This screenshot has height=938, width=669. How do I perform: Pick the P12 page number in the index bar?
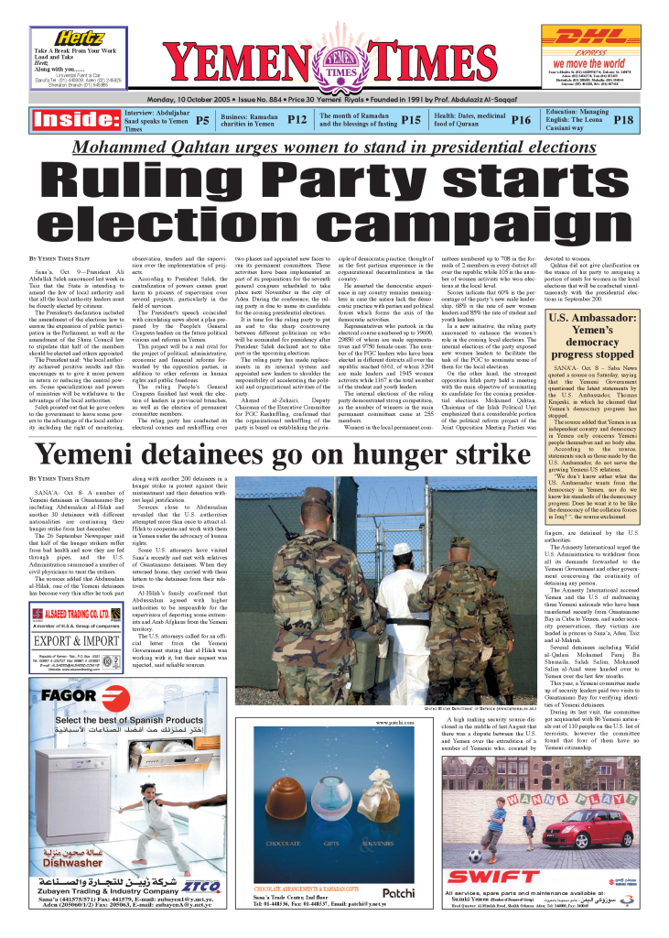click(297, 120)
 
